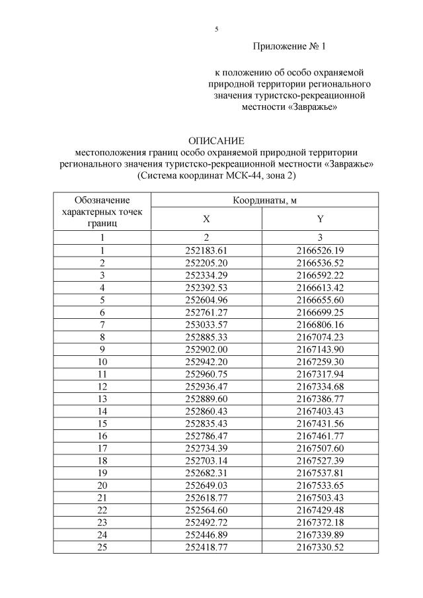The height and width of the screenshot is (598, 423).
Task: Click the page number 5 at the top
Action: pos(216,29)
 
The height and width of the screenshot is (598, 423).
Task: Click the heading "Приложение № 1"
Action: pos(289,47)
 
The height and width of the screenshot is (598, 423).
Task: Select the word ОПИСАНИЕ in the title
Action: pos(216,141)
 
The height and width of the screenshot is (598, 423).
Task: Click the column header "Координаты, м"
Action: pos(264,200)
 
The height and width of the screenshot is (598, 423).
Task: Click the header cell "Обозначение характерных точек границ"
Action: pos(102,211)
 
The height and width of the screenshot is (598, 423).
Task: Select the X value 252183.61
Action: pos(207,250)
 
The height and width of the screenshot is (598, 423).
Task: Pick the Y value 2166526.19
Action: pos(321,250)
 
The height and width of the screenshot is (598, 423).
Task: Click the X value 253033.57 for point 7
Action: pos(207,325)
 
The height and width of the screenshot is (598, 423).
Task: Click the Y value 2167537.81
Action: pos(321,473)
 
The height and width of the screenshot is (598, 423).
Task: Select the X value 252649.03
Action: pos(207,486)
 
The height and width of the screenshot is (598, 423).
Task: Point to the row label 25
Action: pos(102,548)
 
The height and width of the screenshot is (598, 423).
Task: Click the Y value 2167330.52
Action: pos(321,548)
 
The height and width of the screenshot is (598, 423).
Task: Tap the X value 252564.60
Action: pos(207,511)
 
